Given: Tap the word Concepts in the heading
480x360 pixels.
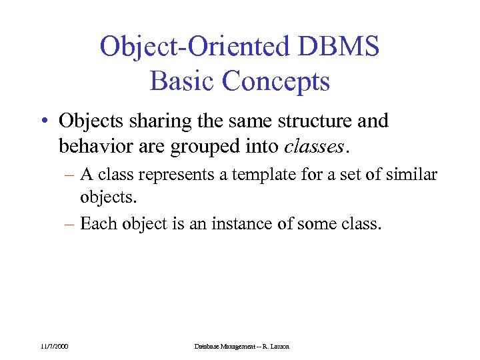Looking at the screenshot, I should pyautogui.click(x=276, y=81).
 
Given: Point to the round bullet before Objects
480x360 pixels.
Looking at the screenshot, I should pyautogui.click(x=43, y=123).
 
